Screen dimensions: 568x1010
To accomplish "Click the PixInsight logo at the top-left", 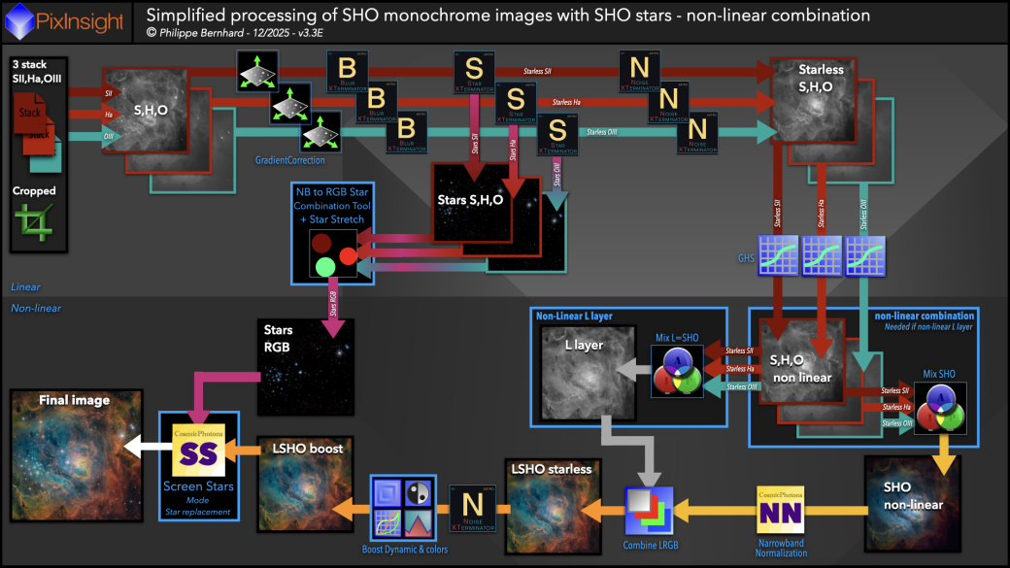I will pos(67,17).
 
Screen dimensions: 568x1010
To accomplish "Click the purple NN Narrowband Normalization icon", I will pos(781,511).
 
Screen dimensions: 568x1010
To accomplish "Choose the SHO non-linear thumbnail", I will pos(911,505).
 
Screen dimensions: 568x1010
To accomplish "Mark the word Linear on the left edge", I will pos(25,287).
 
